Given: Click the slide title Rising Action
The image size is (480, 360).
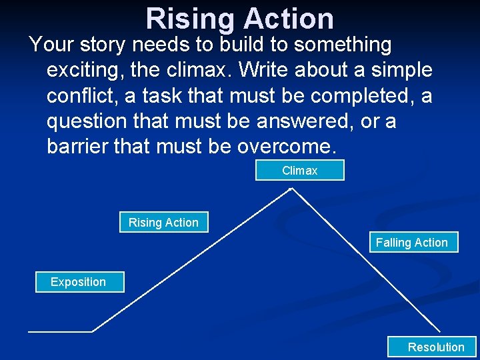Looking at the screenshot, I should (x=239, y=18).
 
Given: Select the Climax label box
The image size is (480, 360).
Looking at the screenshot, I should (x=299, y=171).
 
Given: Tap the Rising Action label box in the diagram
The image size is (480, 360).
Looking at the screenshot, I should (x=163, y=223).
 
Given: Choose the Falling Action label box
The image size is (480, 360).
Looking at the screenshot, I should (x=411, y=243).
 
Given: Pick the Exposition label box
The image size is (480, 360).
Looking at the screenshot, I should (x=78, y=282).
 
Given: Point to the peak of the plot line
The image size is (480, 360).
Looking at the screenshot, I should (x=291, y=189).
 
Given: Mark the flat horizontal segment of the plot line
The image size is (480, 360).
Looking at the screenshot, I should (x=60, y=331).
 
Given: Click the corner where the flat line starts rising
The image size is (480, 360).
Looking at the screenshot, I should (x=92, y=331).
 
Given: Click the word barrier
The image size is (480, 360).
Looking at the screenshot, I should (x=83, y=147).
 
